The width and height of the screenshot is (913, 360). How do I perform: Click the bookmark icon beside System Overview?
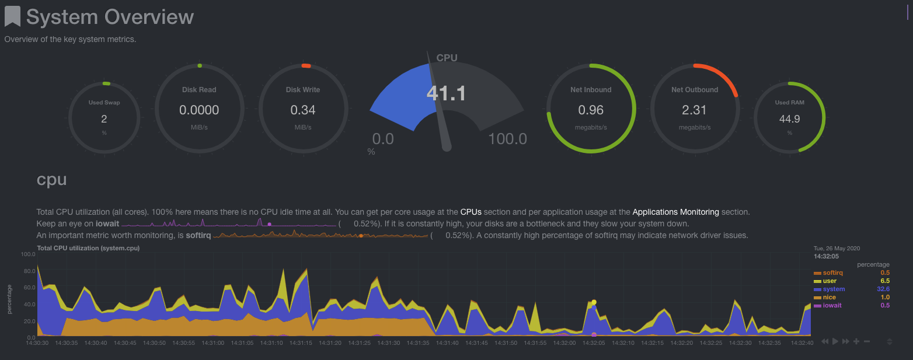12,16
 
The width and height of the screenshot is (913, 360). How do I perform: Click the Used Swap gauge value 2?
104,119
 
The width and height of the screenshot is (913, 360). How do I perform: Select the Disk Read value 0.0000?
199,110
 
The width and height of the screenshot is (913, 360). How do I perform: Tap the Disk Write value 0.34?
303,110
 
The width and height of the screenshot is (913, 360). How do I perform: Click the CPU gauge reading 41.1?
446,93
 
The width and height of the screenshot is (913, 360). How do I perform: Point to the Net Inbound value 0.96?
591,110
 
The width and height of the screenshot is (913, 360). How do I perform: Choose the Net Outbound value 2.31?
694,110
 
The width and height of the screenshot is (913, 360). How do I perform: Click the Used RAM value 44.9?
789,119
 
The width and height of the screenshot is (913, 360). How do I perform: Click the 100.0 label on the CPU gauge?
507,139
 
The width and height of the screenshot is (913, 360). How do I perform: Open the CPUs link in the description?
471,212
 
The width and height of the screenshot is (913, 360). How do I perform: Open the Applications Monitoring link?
675,212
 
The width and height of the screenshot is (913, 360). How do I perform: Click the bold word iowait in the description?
107,223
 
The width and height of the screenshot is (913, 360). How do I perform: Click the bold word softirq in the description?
198,235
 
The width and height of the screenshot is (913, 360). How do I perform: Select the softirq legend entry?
832,272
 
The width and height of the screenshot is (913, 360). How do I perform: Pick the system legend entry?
833,289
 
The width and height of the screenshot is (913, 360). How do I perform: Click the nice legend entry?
830,297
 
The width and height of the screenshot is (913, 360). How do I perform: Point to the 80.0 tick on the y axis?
28,271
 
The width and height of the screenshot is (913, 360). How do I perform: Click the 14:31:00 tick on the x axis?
212,343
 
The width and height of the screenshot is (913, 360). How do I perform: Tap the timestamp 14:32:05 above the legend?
826,256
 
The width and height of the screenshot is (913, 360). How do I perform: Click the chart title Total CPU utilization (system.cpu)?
88,248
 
